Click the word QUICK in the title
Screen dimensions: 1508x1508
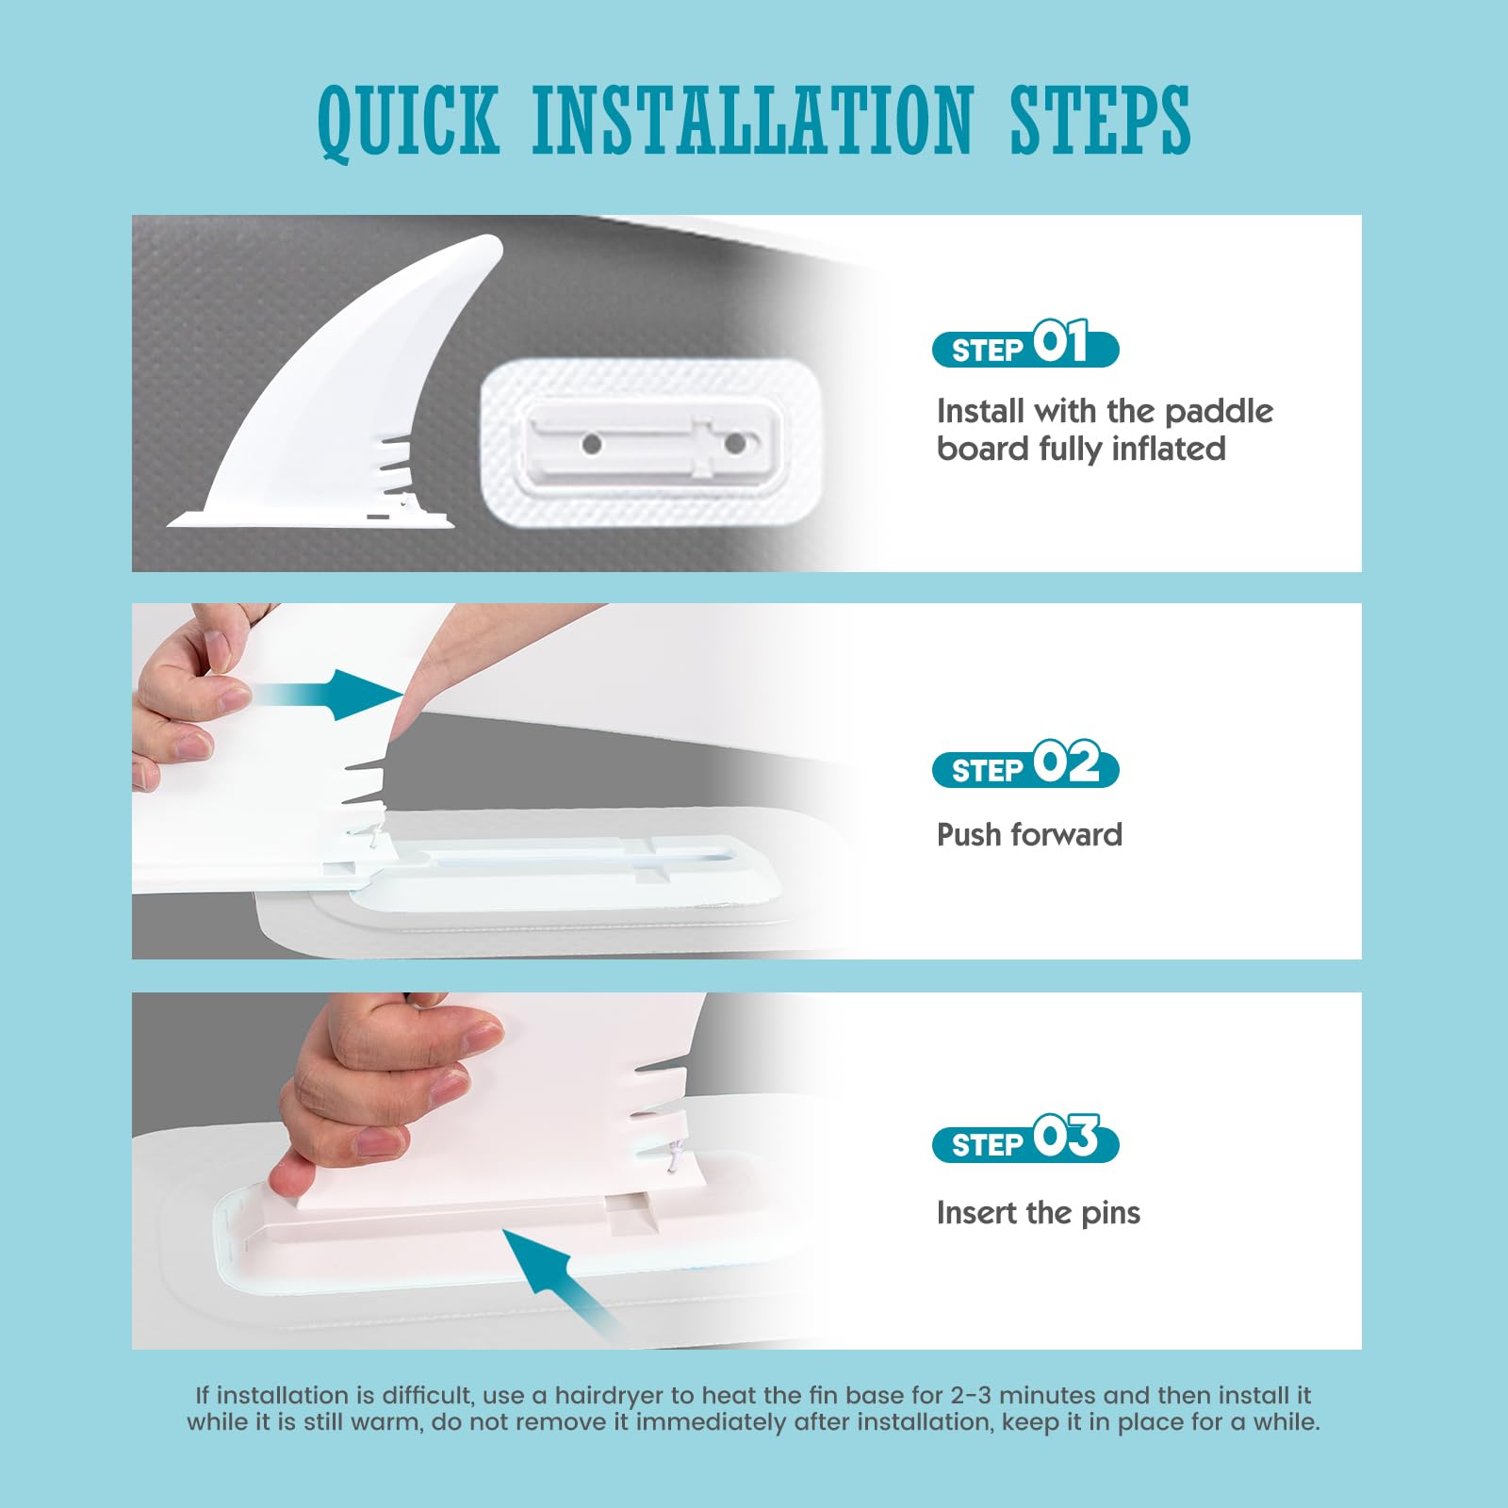[408, 122]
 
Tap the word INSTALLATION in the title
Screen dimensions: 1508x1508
[752, 120]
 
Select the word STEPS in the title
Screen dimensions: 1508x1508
[1100, 120]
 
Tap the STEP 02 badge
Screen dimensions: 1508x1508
[1025, 764]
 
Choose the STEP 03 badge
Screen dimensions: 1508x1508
[1025, 1139]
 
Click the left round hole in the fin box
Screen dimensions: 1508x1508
[592, 443]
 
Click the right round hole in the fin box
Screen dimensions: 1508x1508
[735, 443]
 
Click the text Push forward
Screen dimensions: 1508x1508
[1029, 835]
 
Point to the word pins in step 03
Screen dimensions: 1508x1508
[1110, 1214]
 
